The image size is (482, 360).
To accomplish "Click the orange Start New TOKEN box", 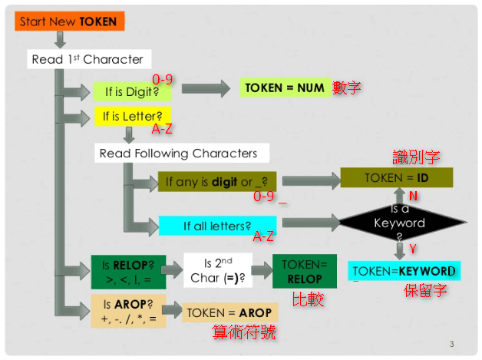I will (x=68, y=21).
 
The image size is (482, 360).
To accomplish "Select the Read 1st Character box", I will (x=87, y=59).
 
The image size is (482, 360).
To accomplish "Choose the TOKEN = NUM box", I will (x=285, y=88).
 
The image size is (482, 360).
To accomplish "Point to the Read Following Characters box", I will (x=178, y=154).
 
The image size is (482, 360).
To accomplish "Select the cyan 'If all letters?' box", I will (x=217, y=226).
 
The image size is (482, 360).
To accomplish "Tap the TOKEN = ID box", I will (x=396, y=178).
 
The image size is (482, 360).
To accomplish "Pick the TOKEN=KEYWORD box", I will (x=404, y=271).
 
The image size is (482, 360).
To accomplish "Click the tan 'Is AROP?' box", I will (x=128, y=310).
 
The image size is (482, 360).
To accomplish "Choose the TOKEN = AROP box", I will (x=229, y=312).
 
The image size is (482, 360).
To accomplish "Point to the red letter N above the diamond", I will (x=413, y=196).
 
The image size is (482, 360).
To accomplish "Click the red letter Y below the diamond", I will (x=412, y=249).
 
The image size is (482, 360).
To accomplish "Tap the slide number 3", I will (x=452, y=343).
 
